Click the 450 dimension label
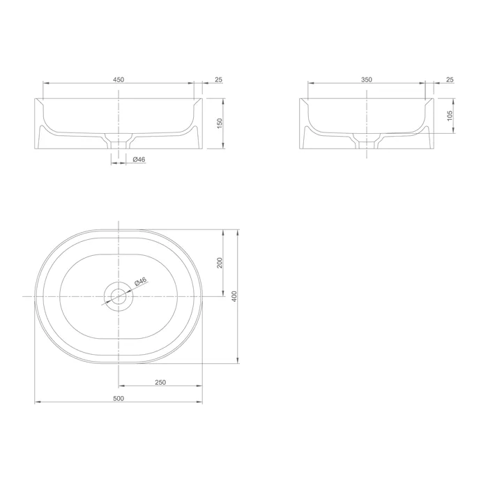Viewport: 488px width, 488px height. pyautogui.click(x=119, y=79)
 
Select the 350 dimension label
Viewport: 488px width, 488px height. pyautogui.click(x=367, y=79)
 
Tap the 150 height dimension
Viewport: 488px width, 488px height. pyautogui.click(x=220, y=123)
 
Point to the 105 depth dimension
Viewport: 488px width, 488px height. pyautogui.click(x=450, y=116)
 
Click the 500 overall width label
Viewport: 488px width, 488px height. pyautogui.click(x=119, y=398)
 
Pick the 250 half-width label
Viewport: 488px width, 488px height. pyautogui.click(x=160, y=382)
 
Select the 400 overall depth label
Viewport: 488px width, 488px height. pyautogui.click(x=234, y=296)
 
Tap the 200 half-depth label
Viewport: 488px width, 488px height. pyautogui.click(x=220, y=263)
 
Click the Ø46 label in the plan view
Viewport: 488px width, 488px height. pyautogui.click(x=140, y=282)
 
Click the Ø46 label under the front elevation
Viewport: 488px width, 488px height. pyautogui.click(x=139, y=160)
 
